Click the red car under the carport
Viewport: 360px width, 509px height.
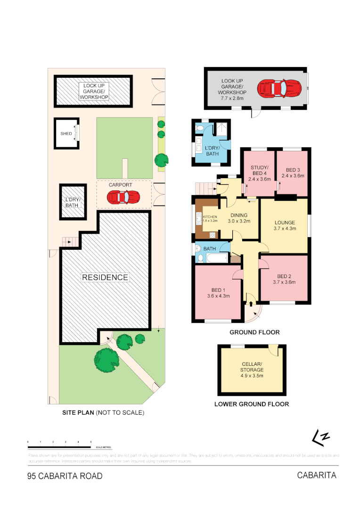pos(123,197)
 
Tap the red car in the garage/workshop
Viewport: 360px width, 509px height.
pos(279,88)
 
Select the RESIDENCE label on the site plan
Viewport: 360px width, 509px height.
pos(105,277)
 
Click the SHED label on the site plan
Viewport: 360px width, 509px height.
pos(66,133)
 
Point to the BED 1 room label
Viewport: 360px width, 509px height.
pos(218,293)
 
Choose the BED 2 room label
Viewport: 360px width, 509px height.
pos(284,279)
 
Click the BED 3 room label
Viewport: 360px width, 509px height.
pos(293,172)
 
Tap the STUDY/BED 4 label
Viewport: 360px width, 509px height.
pos(259,173)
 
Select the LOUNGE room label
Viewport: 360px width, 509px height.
pos(284,225)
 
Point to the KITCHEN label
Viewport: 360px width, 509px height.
pos(209,217)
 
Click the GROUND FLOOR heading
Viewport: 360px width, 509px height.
pos(254,332)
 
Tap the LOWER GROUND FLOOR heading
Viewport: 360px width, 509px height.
pos(252,404)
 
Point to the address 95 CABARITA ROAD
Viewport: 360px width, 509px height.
pos(65,476)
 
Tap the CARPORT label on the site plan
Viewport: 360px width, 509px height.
pos(120,185)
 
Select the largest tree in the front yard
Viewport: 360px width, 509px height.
pos(106,360)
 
